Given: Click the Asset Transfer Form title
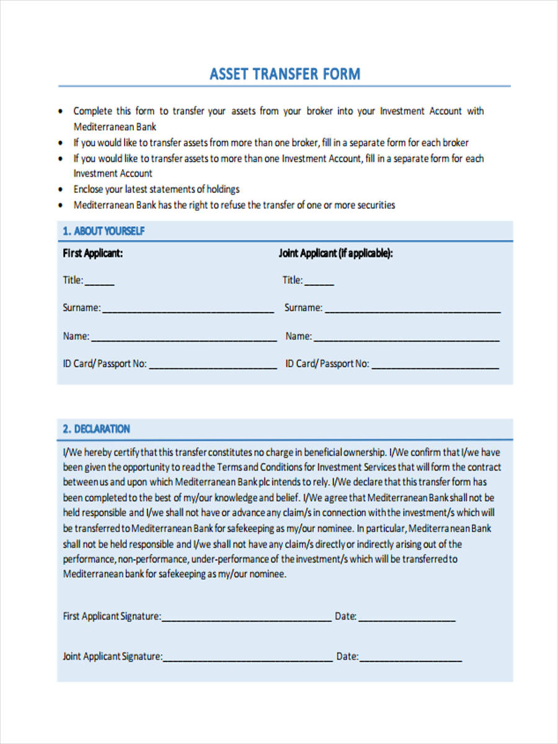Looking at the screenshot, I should click(285, 74).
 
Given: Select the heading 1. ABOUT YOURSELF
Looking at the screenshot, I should click(104, 231).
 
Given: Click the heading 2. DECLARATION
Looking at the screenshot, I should click(96, 429).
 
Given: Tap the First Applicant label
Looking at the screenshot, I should click(92, 253).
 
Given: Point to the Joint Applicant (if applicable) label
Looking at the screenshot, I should click(336, 253).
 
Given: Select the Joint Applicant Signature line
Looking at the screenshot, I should click(247, 658).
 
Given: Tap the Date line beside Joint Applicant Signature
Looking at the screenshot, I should click(410, 658).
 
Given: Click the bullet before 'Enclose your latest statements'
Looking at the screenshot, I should click(60, 190).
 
